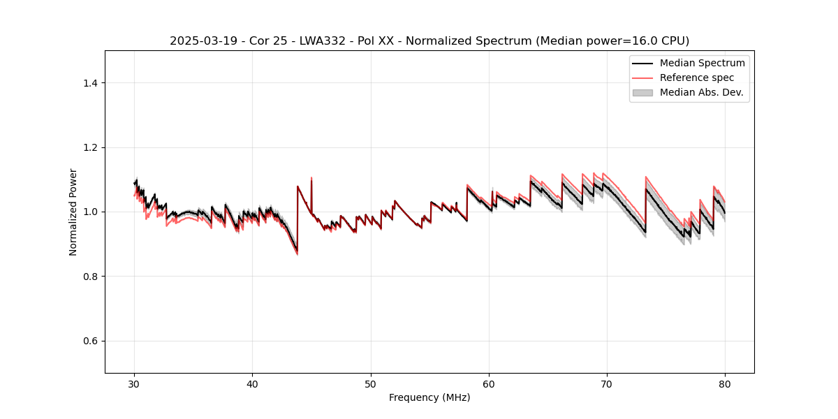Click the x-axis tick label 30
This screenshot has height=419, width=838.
pyautogui.click(x=135, y=384)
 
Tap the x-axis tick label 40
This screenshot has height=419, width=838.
pyautogui.click(x=253, y=384)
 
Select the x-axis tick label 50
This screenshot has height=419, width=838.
pyautogui.click(x=371, y=384)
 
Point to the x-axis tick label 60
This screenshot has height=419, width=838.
pyautogui.click(x=489, y=384)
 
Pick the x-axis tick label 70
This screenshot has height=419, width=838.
pyautogui.click(x=607, y=384)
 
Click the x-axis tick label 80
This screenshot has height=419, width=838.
pyautogui.click(x=725, y=384)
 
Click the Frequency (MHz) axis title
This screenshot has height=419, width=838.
pyautogui.click(x=429, y=397)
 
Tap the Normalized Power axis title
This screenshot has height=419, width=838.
pyautogui.click(x=73, y=212)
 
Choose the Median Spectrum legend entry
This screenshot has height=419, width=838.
pyautogui.click(x=702, y=64)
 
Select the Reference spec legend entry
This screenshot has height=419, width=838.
pyautogui.click(x=696, y=78)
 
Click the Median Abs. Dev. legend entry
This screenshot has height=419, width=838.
pyautogui.click(x=701, y=92)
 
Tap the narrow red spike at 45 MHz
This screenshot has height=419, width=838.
pyautogui.click(x=311, y=179)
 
